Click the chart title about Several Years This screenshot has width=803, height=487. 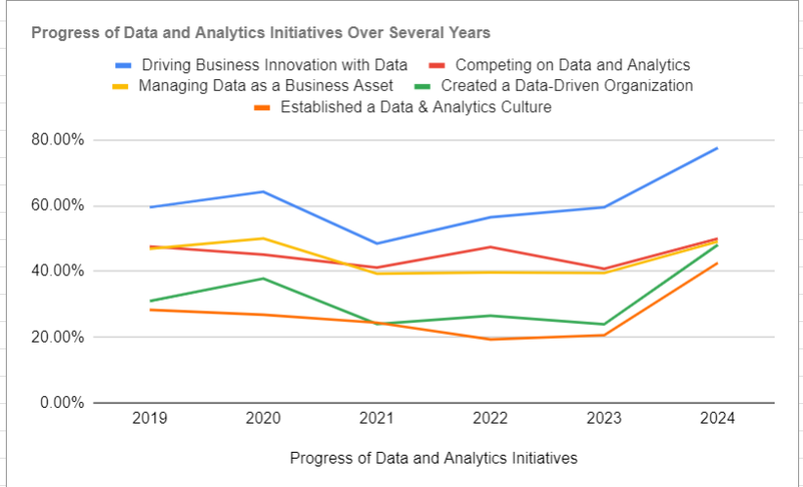pyautogui.click(x=261, y=32)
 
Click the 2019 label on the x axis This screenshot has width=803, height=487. pyautogui.click(x=149, y=419)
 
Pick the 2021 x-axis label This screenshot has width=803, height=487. pyautogui.click(x=376, y=419)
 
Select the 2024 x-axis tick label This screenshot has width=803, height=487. pyautogui.click(x=717, y=419)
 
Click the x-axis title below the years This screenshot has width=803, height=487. pyautogui.click(x=434, y=457)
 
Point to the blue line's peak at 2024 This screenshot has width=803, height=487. pyautogui.click(x=717, y=148)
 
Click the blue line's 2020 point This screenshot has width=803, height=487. pyautogui.click(x=263, y=191)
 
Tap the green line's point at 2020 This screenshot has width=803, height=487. pyautogui.click(x=263, y=278)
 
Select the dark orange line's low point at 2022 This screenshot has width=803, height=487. pyautogui.click(x=490, y=339)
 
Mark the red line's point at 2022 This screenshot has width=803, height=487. pyautogui.click(x=490, y=247)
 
